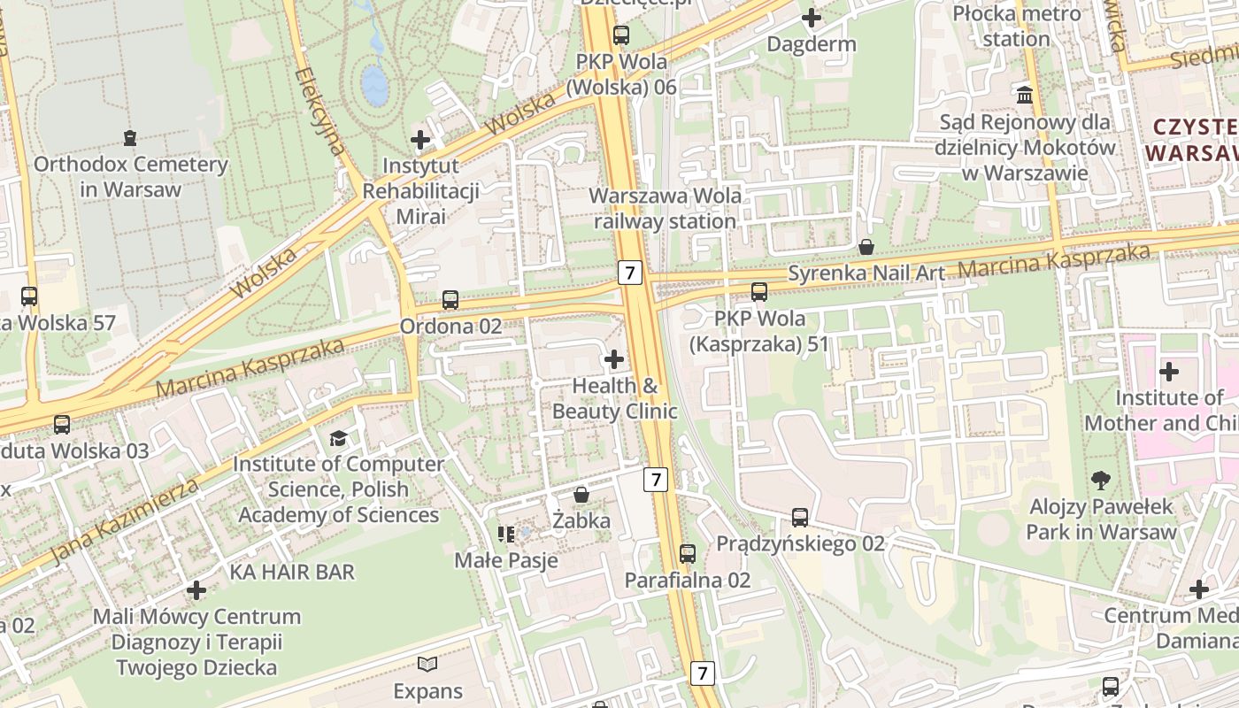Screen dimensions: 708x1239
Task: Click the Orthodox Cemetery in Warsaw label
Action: [x=131, y=177]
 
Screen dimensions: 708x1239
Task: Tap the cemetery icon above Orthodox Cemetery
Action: [x=130, y=138]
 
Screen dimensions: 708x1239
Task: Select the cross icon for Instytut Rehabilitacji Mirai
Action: [x=420, y=140]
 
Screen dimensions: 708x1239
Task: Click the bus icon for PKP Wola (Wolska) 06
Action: [x=621, y=35]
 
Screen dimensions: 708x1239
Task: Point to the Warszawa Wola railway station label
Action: [x=666, y=209]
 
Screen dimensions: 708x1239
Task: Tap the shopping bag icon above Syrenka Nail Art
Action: [x=866, y=247]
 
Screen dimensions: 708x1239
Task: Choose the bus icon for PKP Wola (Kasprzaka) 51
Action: [x=758, y=292]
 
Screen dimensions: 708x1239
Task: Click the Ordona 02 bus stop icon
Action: [x=450, y=300]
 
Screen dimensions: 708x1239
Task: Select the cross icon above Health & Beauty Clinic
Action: [x=614, y=359]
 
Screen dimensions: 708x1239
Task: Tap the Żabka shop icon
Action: [x=581, y=495]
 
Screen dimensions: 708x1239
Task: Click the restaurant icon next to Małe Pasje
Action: [x=506, y=534]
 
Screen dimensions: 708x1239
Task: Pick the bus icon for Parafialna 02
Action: [x=688, y=554]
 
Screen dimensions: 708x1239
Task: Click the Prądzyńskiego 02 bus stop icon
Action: [x=800, y=518]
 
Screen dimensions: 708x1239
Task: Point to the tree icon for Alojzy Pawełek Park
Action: [x=1101, y=481]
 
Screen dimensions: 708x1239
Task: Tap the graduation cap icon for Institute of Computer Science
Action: [x=338, y=438]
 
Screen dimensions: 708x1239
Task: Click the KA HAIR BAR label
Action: [x=292, y=572]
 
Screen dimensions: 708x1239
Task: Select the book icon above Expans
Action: [x=427, y=664]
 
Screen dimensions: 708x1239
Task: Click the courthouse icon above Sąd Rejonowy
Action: [x=1025, y=95]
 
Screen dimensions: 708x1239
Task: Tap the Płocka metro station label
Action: [x=1016, y=27]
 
